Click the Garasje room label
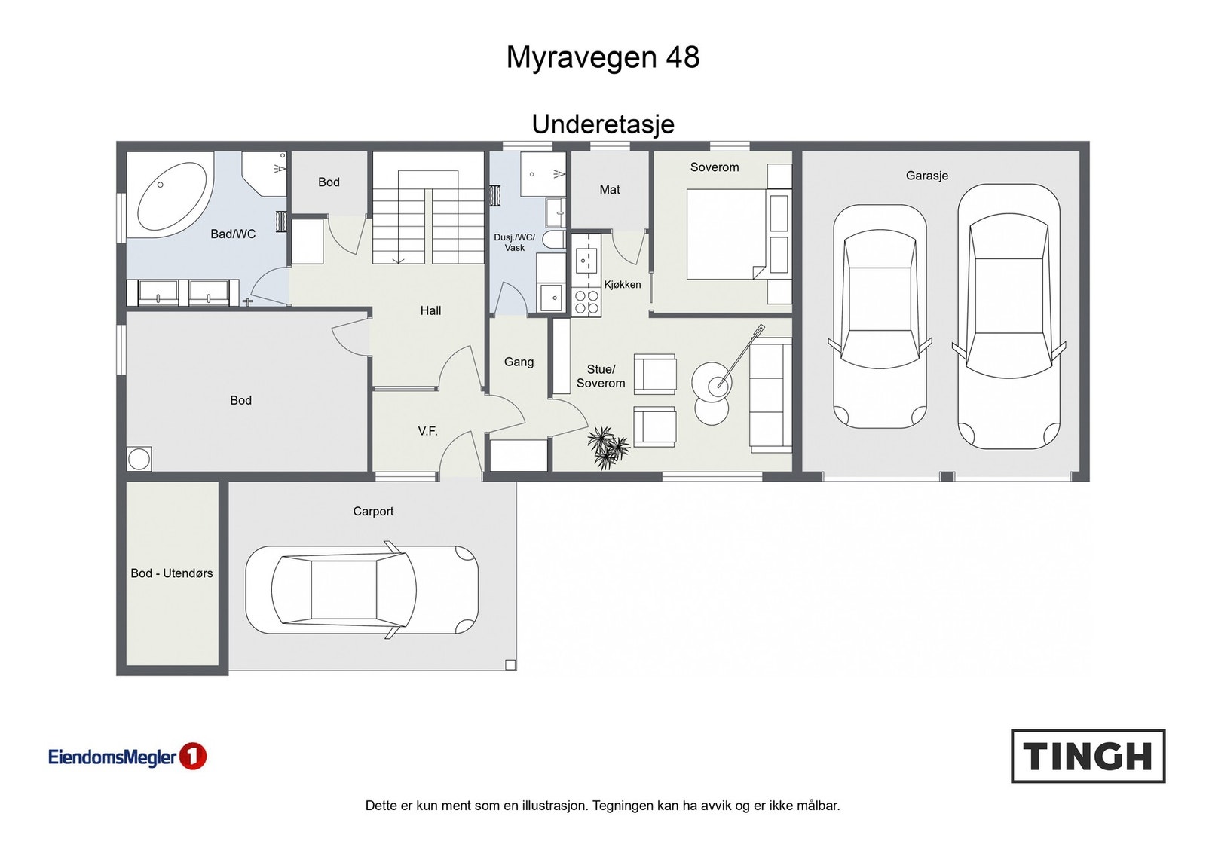point(926,176)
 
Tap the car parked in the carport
point(362,590)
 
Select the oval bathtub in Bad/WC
point(171,197)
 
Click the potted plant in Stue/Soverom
point(607,448)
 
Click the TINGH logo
point(1088,756)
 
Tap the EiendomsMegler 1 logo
point(127,757)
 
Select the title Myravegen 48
point(602,57)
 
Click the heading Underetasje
point(602,124)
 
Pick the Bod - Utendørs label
point(171,573)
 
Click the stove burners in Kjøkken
point(586,303)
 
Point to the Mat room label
point(609,190)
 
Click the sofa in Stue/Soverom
point(770,395)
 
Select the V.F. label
point(427,431)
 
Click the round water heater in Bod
point(139,459)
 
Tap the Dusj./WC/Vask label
point(514,242)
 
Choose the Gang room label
point(519,362)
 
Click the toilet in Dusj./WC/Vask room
point(554,240)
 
